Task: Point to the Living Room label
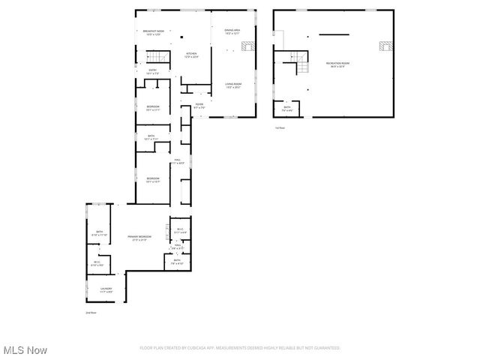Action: [x=232, y=85]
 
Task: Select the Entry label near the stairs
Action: [x=152, y=72]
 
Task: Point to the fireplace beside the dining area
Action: [x=249, y=47]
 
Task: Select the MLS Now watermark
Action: [x=25, y=350]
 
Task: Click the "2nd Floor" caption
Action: [x=91, y=312]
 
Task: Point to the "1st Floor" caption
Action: [x=280, y=128]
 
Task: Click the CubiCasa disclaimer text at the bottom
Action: [x=240, y=348]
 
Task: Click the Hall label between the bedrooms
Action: [x=178, y=161]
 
